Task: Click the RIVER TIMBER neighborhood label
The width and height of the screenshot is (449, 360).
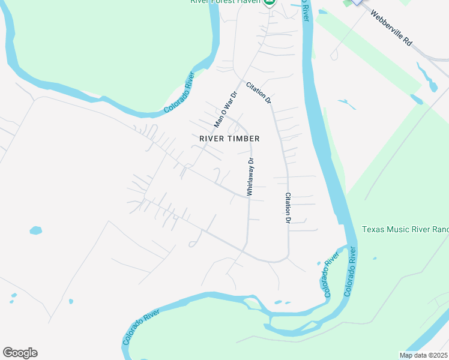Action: click(229, 139)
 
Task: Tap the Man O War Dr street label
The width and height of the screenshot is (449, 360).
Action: click(226, 109)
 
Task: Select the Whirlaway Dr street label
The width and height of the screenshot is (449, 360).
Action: click(251, 176)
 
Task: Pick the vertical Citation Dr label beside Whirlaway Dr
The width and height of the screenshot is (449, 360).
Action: click(288, 208)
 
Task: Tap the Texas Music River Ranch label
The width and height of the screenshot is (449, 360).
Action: click(405, 230)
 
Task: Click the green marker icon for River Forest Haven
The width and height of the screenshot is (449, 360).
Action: click(270, 2)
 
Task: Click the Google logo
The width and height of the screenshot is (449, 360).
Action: click(20, 353)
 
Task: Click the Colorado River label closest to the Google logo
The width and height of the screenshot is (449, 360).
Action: click(142, 327)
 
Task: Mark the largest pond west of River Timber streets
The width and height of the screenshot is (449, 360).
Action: click(36, 230)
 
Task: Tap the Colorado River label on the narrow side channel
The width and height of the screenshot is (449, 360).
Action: click(328, 277)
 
